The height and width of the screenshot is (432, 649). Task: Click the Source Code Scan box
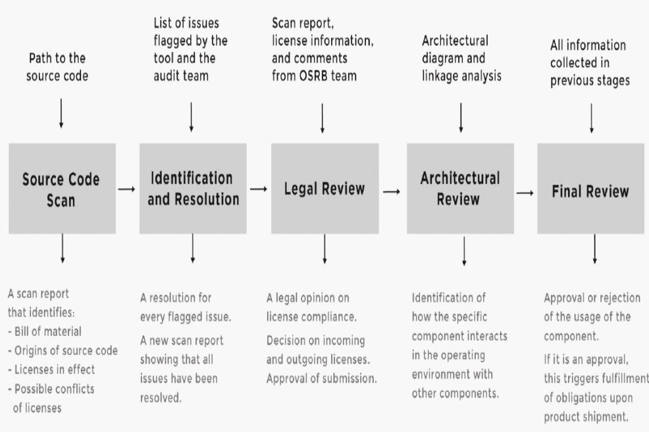pyautogui.click(x=62, y=189)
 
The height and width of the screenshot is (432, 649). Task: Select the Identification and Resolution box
pyautogui.click(x=193, y=189)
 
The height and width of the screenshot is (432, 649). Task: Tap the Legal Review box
pyautogui.click(x=324, y=189)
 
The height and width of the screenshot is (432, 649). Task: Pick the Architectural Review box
pyautogui.click(x=460, y=189)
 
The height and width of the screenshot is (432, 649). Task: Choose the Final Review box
pyautogui.click(x=590, y=191)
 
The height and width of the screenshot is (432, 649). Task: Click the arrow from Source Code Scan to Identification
pyautogui.click(x=127, y=189)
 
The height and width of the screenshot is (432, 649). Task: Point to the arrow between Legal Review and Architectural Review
pyautogui.click(x=392, y=191)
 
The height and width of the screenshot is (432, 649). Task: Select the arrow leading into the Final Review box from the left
pyautogui.click(x=525, y=193)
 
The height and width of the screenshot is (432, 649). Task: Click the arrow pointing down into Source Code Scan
pyautogui.click(x=61, y=112)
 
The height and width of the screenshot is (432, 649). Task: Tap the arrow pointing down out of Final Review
pyautogui.click(x=594, y=249)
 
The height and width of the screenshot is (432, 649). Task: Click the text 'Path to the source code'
pyautogui.click(x=57, y=68)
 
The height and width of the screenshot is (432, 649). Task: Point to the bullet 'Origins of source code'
pyautogui.click(x=63, y=350)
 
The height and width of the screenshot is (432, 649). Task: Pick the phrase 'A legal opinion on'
pyautogui.click(x=308, y=297)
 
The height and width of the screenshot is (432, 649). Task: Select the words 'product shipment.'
pyautogui.click(x=584, y=417)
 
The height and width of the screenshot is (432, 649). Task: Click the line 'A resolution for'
pyautogui.click(x=176, y=298)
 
